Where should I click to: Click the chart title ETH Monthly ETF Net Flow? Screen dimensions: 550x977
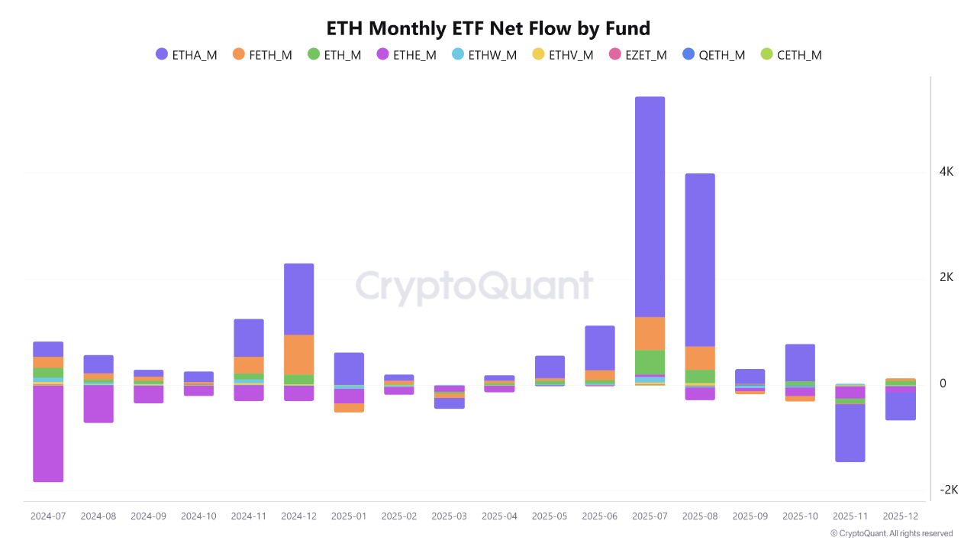click(488, 29)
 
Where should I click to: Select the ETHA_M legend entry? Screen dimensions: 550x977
click(186, 55)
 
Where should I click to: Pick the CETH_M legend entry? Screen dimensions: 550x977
click(791, 55)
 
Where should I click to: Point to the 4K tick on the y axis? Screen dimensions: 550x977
click(946, 172)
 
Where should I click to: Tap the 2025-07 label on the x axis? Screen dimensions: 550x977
click(650, 516)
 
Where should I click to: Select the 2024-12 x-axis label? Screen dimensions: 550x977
click(298, 516)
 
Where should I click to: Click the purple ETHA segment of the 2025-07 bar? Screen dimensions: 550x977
click(650, 206)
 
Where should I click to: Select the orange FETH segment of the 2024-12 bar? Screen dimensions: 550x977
click(298, 354)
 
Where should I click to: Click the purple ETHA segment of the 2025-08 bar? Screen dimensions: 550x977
click(700, 260)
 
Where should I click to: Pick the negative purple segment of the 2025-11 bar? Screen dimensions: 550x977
click(850, 432)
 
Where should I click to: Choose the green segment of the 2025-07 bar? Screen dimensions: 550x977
click(650, 362)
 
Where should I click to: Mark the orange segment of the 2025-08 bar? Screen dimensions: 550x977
click(700, 357)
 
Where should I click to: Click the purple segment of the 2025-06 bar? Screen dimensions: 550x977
click(600, 348)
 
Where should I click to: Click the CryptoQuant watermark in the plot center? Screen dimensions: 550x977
click(474, 287)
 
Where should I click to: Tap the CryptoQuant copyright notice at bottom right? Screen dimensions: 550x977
click(892, 533)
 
